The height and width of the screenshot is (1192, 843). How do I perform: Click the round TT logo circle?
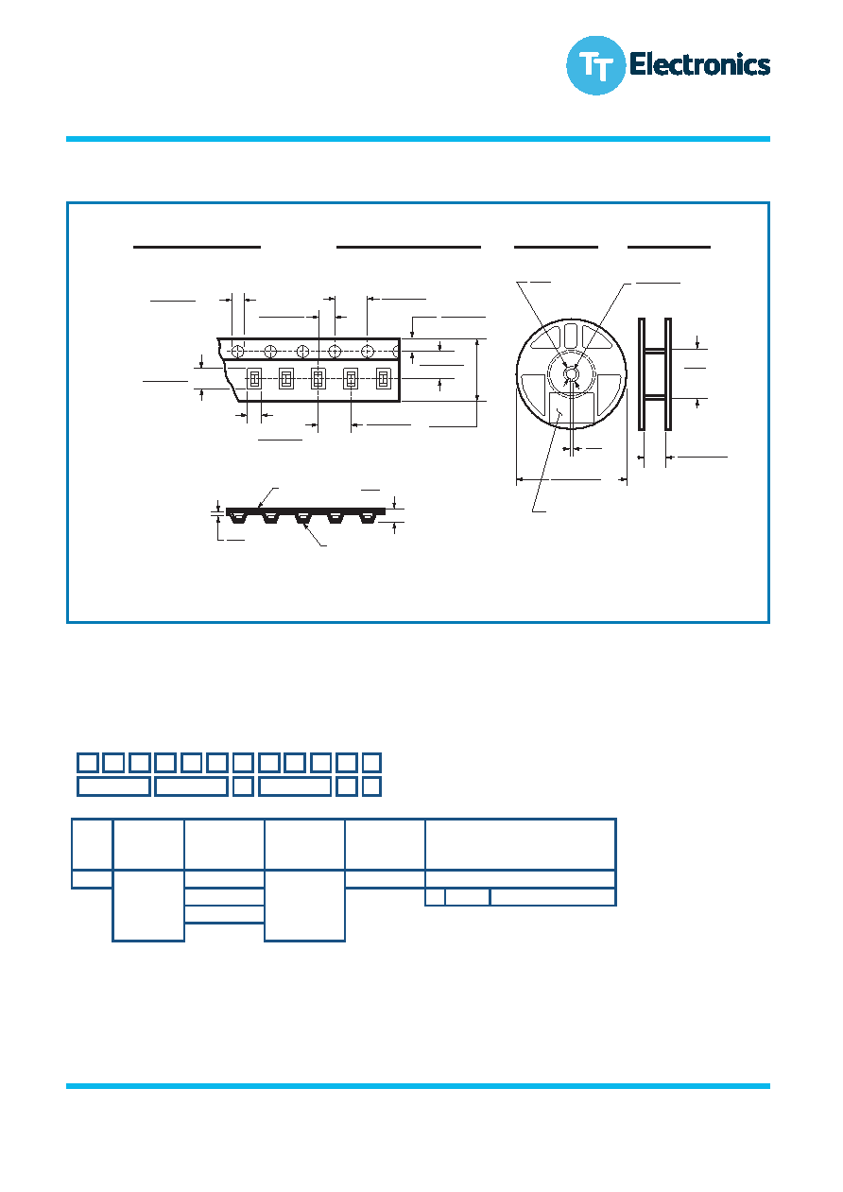pyautogui.click(x=595, y=65)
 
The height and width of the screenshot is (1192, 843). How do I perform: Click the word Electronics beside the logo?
pyautogui.click(x=699, y=64)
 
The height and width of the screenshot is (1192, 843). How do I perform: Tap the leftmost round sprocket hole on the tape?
pyautogui.click(x=238, y=352)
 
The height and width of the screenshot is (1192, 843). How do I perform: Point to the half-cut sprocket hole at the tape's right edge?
pyautogui.click(x=396, y=352)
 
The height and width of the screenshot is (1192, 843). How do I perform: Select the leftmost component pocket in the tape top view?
pyautogui.click(x=253, y=379)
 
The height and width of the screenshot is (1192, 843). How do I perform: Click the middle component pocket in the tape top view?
pyautogui.click(x=318, y=379)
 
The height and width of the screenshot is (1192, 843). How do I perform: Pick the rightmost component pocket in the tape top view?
pyautogui.click(x=383, y=379)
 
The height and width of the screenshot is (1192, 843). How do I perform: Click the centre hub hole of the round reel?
pyautogui.click(x=571, y=374)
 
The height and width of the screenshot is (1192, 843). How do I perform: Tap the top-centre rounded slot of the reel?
pyautogui.click(x=571, y=336)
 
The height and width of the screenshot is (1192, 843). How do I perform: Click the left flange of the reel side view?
pyautogui.click(x=642, y=374)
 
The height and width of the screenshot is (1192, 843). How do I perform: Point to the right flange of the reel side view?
pyautogui.click(x=668, y=374)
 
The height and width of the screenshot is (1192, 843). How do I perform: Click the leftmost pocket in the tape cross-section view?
pyautogui.click(x=237, y=518)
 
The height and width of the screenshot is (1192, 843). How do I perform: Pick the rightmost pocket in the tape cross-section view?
pyautogui.click(x=367, y=518)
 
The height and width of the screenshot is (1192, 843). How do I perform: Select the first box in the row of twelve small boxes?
pyautogui.click(x=88, y=763)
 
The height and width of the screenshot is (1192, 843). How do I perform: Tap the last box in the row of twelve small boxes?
pyautogui.click(x=371, y=763)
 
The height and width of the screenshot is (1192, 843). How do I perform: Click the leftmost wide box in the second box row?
pyautogui.click(x=113, y=786)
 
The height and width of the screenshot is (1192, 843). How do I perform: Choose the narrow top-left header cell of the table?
pyautogui.click(x=92, y=844)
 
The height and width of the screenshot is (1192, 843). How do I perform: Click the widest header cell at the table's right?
pyautogui.click(x=521, y=844)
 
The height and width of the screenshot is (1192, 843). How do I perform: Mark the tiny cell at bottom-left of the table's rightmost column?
pyautogui.click(x=435, y=897)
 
